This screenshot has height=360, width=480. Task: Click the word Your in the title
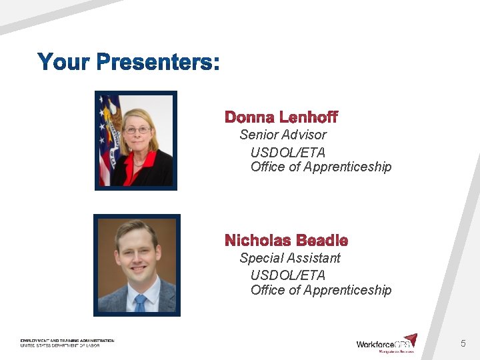click(x=65, y=63)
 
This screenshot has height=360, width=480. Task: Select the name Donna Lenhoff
click(x=281, y=118)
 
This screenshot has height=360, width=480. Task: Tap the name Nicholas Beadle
click(x=286, y=241)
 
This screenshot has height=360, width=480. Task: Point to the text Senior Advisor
click(x=283, y=135)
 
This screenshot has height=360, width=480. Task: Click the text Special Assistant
click(x=290, y=258)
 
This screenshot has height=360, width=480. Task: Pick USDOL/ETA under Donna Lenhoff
click(x=287, y=153)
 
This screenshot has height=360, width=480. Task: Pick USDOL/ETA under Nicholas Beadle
click(x=287, y=275)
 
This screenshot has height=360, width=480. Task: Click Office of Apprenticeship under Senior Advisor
click(x=321, y=167)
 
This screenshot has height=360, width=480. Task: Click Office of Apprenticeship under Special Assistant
click(x=321, y=290)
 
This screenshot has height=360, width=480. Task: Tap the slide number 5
click(x=463, y=343)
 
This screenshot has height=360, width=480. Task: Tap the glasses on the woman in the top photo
click(x=137, y=130)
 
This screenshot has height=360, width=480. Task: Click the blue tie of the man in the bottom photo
click(x=139, y=303)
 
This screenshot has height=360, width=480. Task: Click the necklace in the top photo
click(x=139, y=160)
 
